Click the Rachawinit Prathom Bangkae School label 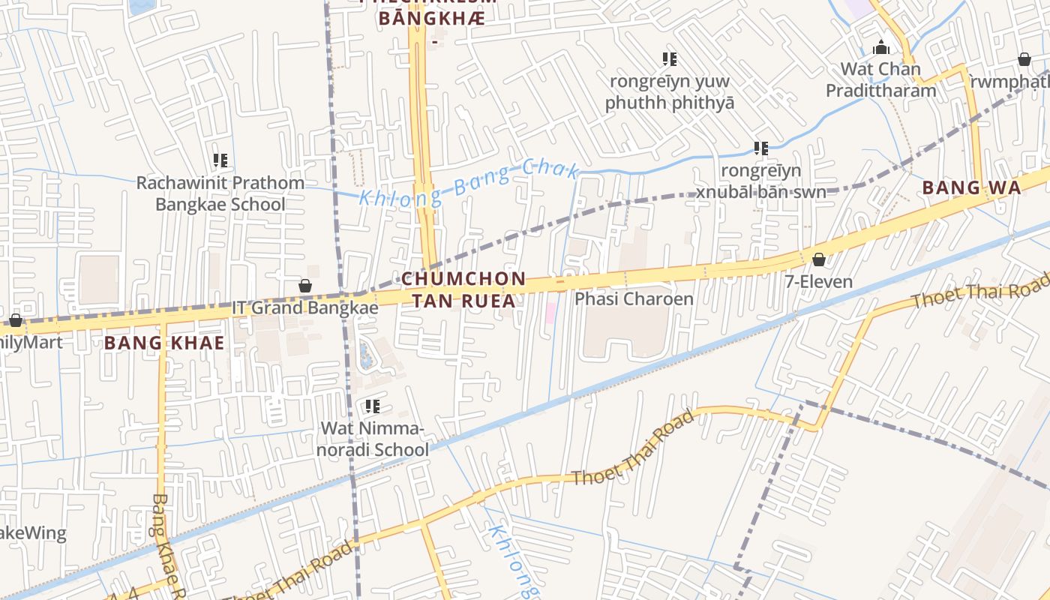(x=220, y=193)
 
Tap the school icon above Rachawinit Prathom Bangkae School (x=220, y=160)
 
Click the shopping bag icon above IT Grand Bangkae (x=305, y=286)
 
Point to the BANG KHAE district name (x=164, y=343)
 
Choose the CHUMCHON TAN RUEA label (x=463, y=289)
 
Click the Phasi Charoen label (x=634, y=298)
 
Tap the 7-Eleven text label (x=819, y=282)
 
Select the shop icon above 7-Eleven (x=819, y=259)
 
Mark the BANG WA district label (x=971, y=187)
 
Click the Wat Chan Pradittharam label (x=881, y=79)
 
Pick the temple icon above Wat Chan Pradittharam (x=881, y=48)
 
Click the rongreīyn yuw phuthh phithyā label (x=670, y=91)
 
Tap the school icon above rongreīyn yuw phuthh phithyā (x=670, y=58)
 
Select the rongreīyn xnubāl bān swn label (x=761, y=181)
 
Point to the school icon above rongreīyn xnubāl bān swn (x=761, y=148)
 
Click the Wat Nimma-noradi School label (x=373, y=439)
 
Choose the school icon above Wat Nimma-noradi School (x=373, y=406)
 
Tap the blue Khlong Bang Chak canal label (x=469, y=182)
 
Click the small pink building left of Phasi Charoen (x=550, y=313)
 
